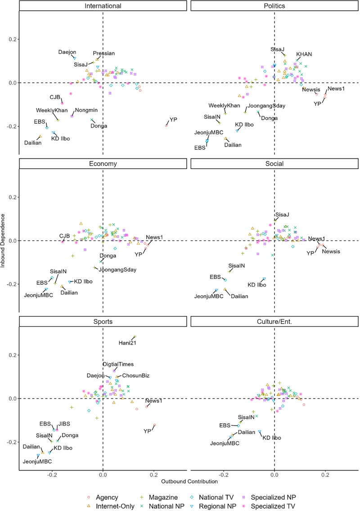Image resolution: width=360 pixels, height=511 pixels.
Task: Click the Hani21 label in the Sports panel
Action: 127,343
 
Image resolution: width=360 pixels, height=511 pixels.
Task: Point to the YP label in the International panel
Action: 173,120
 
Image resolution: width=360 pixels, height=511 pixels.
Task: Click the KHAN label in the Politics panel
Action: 304,54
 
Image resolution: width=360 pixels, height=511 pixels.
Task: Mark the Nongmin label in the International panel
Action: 86,110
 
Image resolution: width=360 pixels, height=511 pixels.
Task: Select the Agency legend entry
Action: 107,497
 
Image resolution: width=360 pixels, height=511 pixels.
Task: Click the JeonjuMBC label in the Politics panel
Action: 209,133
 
